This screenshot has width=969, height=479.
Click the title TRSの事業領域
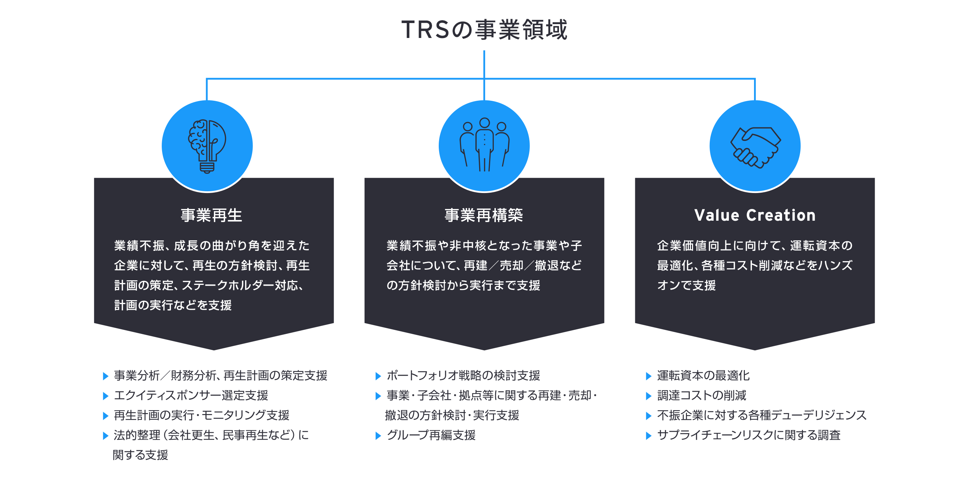point(484,29)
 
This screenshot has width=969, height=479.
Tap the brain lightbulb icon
point(207,147)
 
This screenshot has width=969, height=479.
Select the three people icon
point(484,145)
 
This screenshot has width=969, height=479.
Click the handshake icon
point(755,147)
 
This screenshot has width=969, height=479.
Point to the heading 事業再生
point(211,215)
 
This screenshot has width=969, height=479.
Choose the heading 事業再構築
point(484,215)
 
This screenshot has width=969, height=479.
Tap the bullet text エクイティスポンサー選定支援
point(191,395)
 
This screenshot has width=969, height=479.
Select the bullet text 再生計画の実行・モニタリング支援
point(201,415)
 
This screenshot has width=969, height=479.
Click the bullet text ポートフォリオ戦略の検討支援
point(463,375)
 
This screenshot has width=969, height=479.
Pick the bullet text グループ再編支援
point(431,435)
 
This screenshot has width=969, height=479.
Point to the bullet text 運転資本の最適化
point(703,375)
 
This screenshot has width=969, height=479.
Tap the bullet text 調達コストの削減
point(702,395)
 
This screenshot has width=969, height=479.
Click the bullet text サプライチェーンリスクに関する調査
point(749,435)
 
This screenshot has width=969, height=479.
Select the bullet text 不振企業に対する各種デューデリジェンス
point(762,415)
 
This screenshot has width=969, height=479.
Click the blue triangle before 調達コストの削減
point(648,396)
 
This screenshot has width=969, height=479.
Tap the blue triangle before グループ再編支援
point(378,436)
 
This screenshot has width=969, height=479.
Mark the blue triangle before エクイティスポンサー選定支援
point(105,396)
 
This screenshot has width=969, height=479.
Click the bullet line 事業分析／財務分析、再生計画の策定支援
point(220,375)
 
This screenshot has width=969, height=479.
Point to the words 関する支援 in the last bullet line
point(140,455)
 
